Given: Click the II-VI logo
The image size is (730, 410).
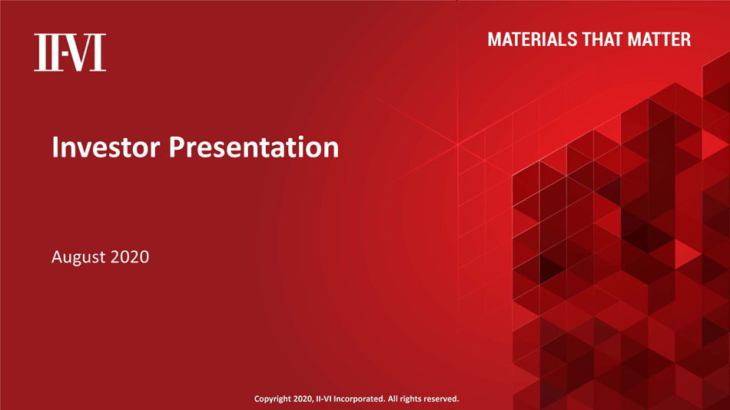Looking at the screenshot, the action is pyautogui.click(x=70, y=52).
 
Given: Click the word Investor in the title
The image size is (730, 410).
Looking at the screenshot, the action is pyautogui.click(x=106, y=147).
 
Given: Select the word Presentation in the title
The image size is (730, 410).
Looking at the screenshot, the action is pyautogui.click(x=254, y=148).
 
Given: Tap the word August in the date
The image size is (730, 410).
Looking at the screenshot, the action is pyautogui.click(x=78, y=257).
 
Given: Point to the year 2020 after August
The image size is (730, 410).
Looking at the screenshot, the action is pyautogui.click(x=130, y=256).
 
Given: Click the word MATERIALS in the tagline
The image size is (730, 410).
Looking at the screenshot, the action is pyautogui.click(x=533, y=40).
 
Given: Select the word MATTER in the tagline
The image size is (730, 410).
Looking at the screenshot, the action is pyautogui.click(x=659, y=40).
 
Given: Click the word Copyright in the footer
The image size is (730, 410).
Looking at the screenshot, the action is pyautogui.click(x=272, y=398).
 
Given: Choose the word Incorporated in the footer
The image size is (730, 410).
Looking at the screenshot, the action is pyautogui.click(x=359, y=398).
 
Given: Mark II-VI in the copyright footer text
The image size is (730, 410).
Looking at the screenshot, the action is pyautogui.click(x=324, y=398).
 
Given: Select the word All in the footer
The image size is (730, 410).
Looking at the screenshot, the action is pyautogui.click(x=393, y=398).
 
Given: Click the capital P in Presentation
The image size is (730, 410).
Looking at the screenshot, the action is pyautogui.click(x=177, y=147).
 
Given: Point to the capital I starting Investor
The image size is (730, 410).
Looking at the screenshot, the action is pyautogui.click(x=55, y=147).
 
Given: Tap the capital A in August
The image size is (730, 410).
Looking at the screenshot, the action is pyautogui.click(x=58, y=256).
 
